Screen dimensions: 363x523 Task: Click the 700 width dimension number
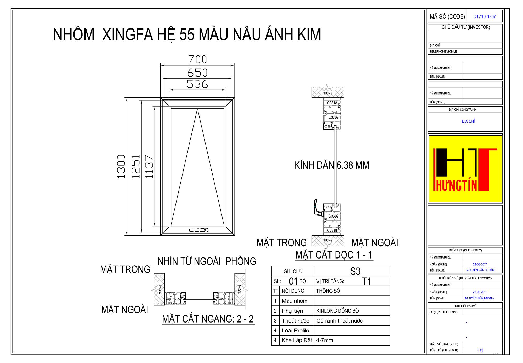tap(197, 60)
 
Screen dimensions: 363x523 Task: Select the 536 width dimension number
tap(197, 84)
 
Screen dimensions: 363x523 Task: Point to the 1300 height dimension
tap(121, 166)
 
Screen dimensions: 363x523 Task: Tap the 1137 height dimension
tap(149, 166)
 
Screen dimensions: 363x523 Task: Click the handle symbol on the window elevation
tap(199, 230)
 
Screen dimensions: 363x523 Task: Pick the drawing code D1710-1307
tap(484, 17)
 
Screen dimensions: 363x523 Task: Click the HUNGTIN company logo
tap(465, 169)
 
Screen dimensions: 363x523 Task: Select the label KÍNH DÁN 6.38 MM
tap(332, 165)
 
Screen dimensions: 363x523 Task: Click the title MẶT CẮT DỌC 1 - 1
tap(334, 255)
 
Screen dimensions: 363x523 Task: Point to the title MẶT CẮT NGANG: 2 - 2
tap(208, 319)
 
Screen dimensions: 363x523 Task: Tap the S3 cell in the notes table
tap(355, 271)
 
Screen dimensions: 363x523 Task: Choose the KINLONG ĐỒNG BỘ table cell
tap(337, 311)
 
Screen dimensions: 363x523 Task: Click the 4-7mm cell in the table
tap(325, 340)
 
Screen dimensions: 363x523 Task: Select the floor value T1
tap(366, 281)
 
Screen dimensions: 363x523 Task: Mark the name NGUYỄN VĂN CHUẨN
tap(480, 270)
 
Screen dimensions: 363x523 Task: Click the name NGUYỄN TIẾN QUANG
tap(479, 298)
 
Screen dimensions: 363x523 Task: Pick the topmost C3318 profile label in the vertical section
tap(332, 103)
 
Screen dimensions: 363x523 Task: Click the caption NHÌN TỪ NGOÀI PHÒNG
tap(207, 261)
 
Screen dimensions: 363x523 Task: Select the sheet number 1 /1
tap(480, 350)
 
